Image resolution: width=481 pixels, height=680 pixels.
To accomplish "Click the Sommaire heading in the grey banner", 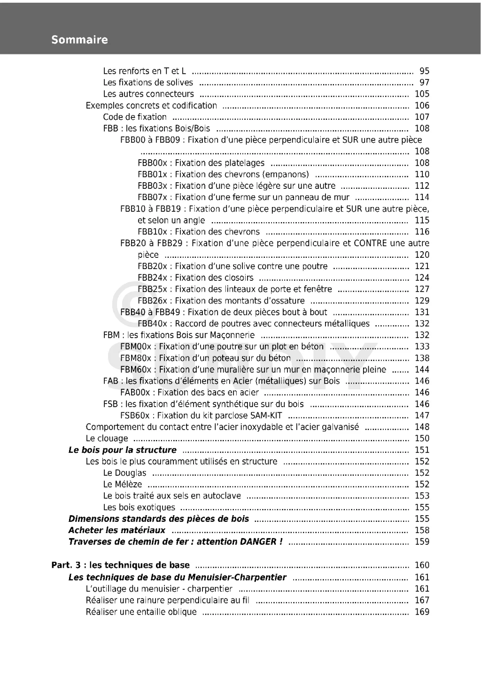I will [79, 40].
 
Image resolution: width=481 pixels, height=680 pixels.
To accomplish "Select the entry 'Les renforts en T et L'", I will [144, 71].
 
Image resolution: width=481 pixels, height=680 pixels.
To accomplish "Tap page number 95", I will [424, 71].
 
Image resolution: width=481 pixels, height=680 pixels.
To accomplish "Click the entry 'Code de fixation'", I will [135, 117].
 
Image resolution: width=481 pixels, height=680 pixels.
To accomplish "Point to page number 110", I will [422, 174].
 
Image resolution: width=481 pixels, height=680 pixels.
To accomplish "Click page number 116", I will [422, 232].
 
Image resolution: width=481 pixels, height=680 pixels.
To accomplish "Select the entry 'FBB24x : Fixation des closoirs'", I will [195, 278].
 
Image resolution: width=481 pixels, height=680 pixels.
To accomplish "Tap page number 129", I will [422, 301].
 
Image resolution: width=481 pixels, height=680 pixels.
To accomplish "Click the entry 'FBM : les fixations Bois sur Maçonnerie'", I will [179, 335].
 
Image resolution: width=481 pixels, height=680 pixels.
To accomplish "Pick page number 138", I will [422, 358].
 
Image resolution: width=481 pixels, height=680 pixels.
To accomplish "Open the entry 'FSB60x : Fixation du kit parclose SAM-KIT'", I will [201, 415].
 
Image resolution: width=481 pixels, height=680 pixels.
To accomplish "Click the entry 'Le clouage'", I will [107, 438].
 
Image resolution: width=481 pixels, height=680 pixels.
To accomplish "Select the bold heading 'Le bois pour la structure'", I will [123, 450].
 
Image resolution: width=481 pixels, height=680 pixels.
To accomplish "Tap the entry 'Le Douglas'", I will [124, 473].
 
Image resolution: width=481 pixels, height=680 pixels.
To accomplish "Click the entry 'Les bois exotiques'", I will [139, 507].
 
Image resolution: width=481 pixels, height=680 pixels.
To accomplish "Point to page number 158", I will [422, 530].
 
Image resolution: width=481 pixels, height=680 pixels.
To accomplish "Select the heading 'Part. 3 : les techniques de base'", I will [120, 565].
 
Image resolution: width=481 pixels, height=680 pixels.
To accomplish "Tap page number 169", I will [422, 611].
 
